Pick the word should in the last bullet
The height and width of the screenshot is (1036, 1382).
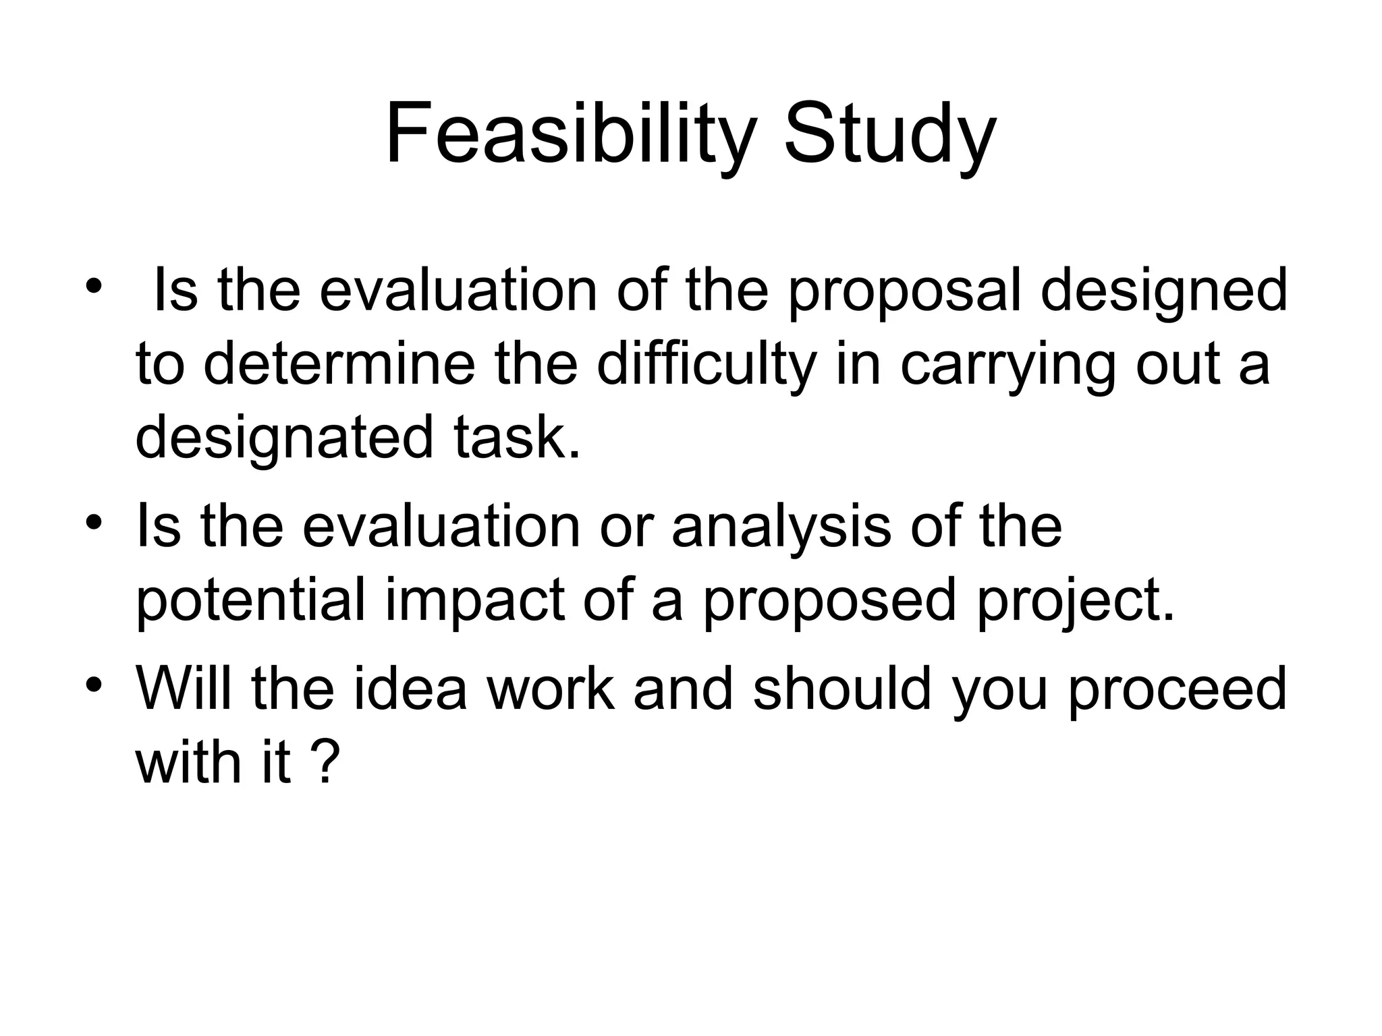pyautogui.click(x=841, y=688)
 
